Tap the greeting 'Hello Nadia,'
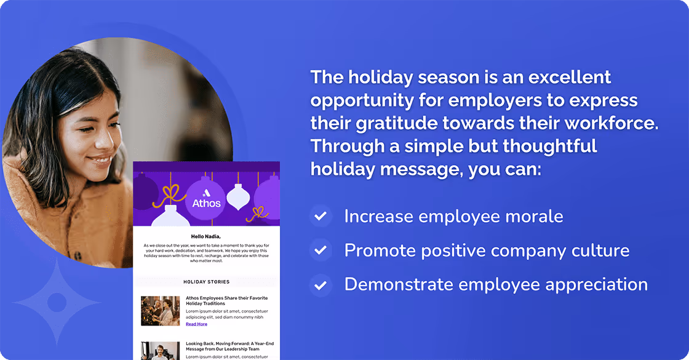tap(206, 236)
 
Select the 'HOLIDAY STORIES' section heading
tap(206, 282)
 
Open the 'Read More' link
tap(196, 324)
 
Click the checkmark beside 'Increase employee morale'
tap(320, 217)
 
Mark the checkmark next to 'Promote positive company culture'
tap(320, 250)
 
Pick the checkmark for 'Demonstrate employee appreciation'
tap(320, 285)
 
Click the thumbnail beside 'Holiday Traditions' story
tap(160, 311)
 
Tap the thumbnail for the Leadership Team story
tap(160, 350)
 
